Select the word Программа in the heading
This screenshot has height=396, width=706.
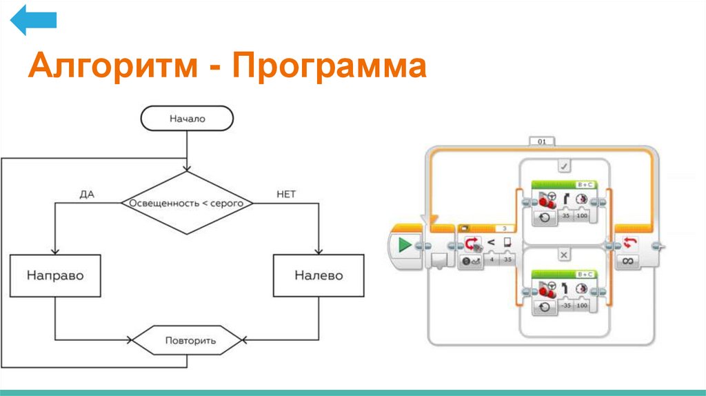(330, 68)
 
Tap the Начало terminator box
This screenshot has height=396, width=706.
(187, 119)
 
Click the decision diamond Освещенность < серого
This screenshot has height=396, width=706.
(187, 204)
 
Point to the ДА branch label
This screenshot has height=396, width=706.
(86, 195)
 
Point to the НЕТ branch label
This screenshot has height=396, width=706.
(285, 195)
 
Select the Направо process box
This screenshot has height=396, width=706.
(55, 275)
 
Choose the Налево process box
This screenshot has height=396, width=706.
(319, 275)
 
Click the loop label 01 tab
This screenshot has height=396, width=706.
(541, 142)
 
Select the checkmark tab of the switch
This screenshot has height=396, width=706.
(563, 166)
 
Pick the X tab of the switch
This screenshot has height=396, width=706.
(563, 255)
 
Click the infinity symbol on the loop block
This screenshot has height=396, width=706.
(628, 261)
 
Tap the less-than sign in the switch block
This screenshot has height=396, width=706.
(491, 242)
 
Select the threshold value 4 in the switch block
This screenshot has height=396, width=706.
(491, 261)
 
